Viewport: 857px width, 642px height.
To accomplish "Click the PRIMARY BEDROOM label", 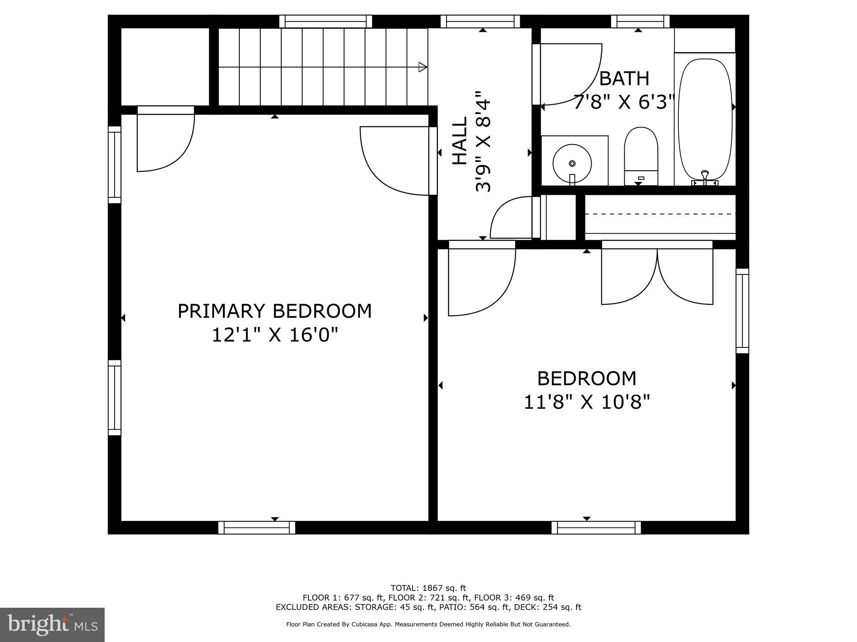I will (275, 311).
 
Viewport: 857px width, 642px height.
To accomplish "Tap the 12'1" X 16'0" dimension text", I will (275, 335).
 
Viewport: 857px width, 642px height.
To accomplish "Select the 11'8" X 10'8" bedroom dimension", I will (587, 403).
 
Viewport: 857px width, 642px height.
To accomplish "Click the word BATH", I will (624, 79).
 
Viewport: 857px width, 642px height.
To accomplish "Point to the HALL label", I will (459, 140).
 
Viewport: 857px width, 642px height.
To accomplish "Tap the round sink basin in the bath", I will (572, 163).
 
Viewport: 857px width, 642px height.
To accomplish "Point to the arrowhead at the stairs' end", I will (423, 67).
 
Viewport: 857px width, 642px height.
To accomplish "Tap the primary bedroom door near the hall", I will (395, 161).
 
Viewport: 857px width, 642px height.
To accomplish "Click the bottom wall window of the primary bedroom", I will (257, 527).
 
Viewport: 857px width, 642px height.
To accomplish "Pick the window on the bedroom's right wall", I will (742, 311).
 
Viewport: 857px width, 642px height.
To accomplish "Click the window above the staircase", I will (325, 21).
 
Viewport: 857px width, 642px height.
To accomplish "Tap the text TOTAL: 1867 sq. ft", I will (428, 588).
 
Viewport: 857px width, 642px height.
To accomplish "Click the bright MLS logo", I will (52, 624).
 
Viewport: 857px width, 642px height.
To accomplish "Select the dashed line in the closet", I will (660, 214).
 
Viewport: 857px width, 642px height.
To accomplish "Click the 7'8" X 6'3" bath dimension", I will (624, 102).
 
